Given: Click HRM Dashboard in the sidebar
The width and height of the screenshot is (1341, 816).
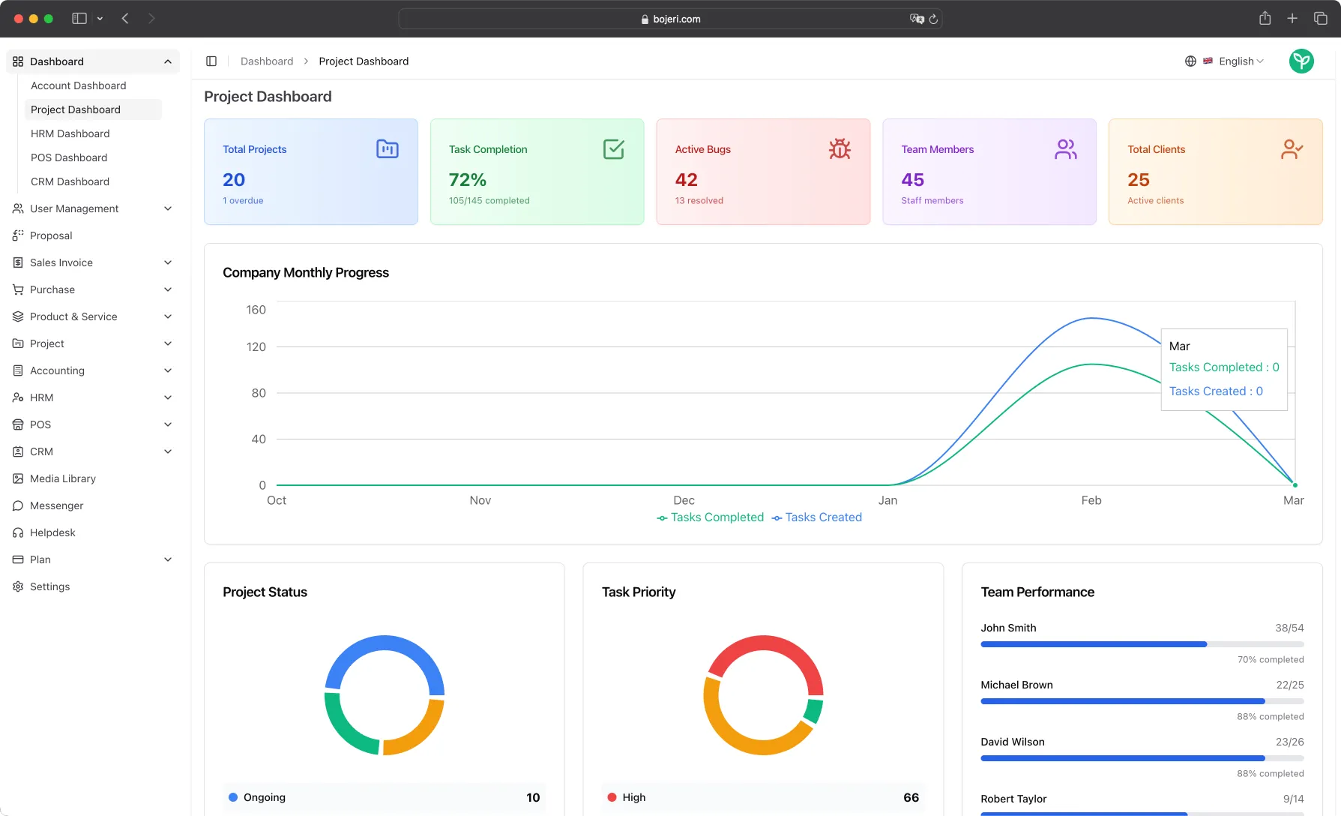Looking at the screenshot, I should coord(70,133).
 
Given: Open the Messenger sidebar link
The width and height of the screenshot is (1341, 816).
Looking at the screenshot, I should coord(56,505).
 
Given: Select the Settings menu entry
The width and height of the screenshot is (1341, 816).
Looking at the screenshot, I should coord(49,586).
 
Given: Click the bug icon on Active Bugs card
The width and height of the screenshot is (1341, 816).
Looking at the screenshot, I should coord(840,149).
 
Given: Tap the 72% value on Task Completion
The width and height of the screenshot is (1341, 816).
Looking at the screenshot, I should coord(467,180).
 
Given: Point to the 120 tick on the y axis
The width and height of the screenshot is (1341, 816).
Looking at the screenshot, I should coord(256,346).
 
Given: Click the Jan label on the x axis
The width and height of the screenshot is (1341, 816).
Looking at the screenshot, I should coord(888,500).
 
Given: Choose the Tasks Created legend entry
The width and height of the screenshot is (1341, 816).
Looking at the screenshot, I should coord(822,517).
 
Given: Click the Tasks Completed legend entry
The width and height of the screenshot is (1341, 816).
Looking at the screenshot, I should coord(716,517).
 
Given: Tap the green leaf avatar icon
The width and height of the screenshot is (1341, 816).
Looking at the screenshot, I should coord(1301,61).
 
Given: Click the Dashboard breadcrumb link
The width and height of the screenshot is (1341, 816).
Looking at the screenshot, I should coord(266,61).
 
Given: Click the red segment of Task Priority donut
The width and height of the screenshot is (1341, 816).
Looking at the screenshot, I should coord(764,644).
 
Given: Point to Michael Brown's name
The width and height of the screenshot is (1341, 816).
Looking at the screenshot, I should coord(1016,685).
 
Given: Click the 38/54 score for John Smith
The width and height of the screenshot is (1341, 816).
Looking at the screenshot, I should coord(1289,628).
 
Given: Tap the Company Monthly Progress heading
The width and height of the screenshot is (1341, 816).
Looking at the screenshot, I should coord(305,273).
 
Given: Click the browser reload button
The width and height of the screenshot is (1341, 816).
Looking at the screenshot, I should coord(933,19).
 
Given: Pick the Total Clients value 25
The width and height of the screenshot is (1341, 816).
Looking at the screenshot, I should coord(1138,180).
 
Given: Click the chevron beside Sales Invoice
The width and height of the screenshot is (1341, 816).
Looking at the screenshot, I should coord(168,262).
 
